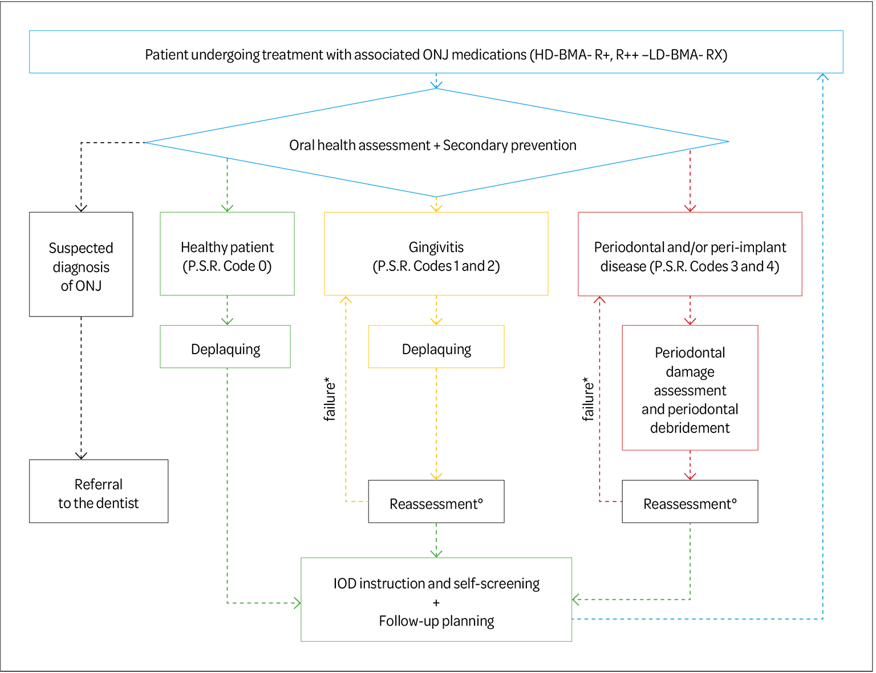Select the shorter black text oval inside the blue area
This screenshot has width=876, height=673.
pyautogui.click(x=433, y=143)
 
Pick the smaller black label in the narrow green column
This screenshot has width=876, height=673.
pyautogui.click(x=226, y=348)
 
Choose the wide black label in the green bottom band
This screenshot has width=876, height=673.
pyautogui.click(x=436, y=599)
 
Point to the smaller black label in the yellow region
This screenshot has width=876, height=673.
pyautogui.click(x=436, y=347)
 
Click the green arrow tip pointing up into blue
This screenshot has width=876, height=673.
pyautogui.click(x=228, y=165)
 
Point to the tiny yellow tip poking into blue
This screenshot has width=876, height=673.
pyautogui.click(x=436, y=200)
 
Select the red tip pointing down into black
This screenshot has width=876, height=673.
pyautogui.click(x=690, y=475)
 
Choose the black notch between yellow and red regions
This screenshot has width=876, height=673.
pyautogui.click(x=562, y=394)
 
